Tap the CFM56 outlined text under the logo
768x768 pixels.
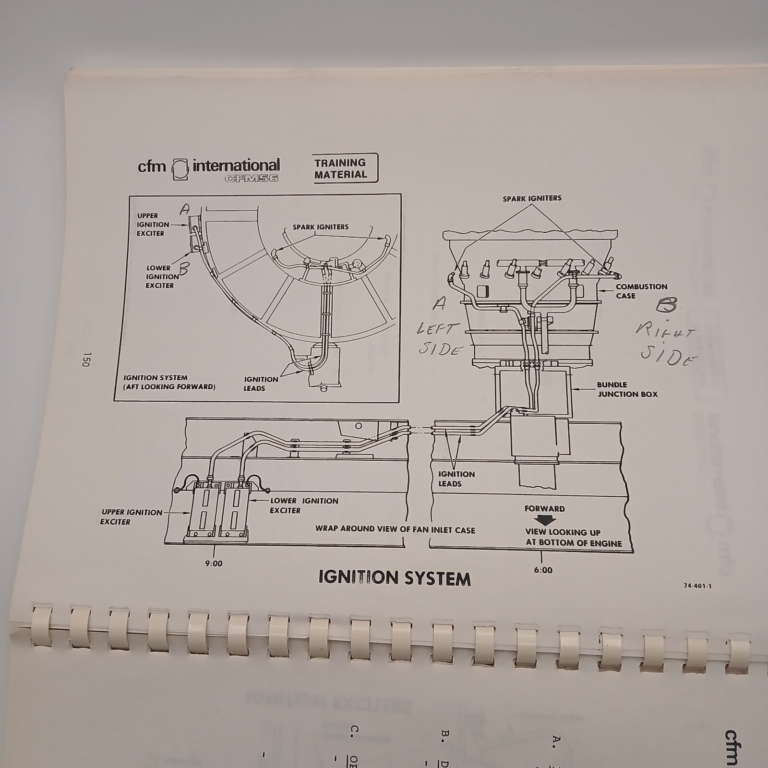point(251,178)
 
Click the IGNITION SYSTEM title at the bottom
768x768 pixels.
point(395,578)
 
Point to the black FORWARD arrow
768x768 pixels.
point(544,520)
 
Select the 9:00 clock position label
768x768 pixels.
point(213,564)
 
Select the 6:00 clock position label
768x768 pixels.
point(542,570)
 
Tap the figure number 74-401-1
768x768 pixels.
point(697,586)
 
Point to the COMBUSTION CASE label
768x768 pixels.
point(641,291)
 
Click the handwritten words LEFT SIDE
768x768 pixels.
point(438,339)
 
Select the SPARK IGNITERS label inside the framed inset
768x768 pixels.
point(321,227)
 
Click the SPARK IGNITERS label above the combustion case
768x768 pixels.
point(532,198)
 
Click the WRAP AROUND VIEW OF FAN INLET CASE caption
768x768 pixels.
point(395,529)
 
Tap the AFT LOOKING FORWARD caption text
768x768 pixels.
point(169,386)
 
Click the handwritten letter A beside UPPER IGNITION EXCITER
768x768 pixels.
point(184,209)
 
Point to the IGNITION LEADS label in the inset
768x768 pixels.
point(261,384)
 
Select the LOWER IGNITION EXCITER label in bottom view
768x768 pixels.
point(303,505)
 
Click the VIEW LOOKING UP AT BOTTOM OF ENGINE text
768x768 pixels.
point(573,538)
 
